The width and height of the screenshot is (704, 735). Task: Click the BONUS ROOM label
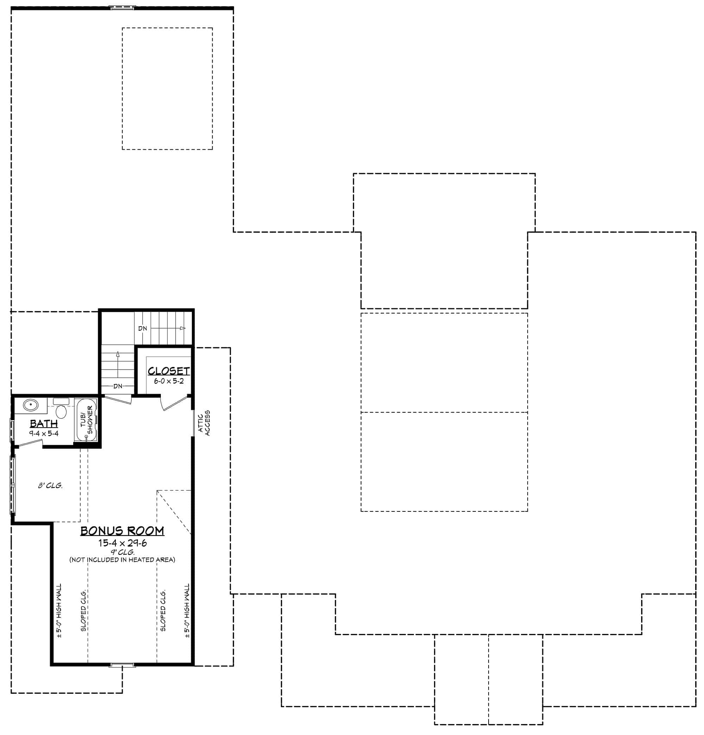point(122,531)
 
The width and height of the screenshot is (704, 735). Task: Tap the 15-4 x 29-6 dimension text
point(122,543)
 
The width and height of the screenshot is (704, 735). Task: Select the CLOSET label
point(168,371)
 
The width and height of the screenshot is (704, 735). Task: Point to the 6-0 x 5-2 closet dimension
point(169,381)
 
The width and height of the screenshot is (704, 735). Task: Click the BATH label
point(44,423)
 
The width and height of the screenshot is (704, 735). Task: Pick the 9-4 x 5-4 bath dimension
point(44,434)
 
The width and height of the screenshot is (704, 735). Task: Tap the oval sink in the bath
point(30,405)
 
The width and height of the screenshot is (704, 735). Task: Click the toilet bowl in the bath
point(61,411)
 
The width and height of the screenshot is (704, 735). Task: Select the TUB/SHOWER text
point(87,420)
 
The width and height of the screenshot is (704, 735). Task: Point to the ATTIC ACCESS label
point(204,423)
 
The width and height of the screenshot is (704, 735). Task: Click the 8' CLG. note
point(50,486)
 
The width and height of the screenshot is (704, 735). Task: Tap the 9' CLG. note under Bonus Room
point(122,552)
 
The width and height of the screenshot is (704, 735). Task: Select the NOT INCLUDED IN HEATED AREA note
point(122,560)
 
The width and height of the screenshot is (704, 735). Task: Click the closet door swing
point(173,403)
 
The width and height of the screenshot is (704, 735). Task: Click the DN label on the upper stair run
point(143,329)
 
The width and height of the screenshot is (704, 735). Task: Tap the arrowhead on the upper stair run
point(183,328)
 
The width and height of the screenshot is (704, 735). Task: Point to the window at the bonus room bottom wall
point(122,665)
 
